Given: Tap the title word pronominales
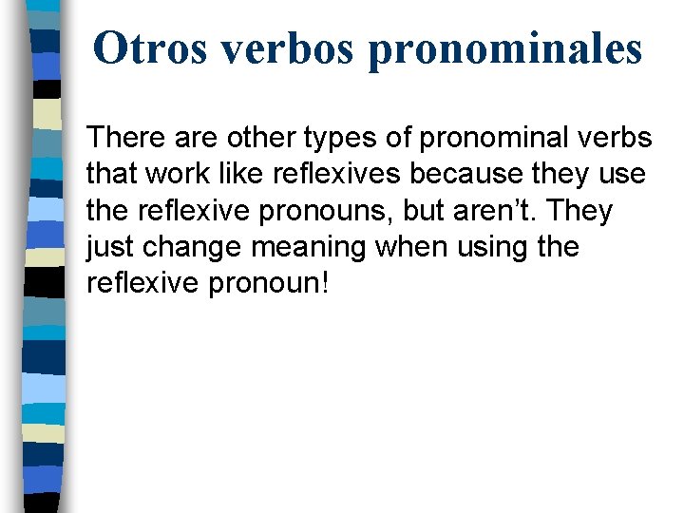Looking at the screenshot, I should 504,49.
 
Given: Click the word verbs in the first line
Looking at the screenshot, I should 620,138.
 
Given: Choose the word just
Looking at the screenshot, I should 109,248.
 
